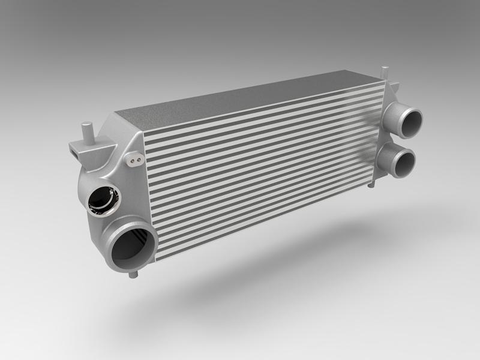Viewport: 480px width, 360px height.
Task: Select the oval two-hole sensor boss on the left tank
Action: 135,160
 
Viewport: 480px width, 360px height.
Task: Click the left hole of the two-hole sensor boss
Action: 132,161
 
